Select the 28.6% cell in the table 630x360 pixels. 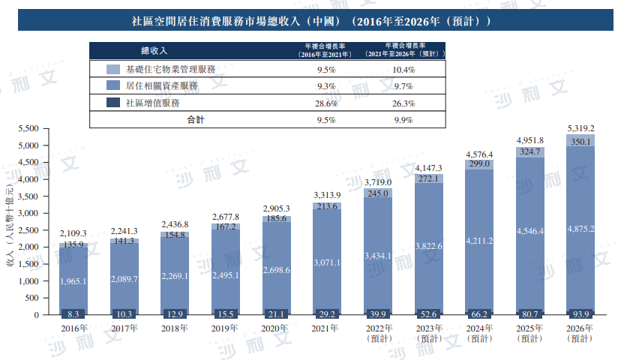click(x=325, y=103)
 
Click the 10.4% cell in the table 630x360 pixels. click(x=403, y=69)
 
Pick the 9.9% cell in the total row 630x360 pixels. click(x=403, y=120)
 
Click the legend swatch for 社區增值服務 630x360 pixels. click(x=113, y=103)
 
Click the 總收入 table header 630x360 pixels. click(x=154, y=51)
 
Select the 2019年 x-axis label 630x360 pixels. click(x=226, y=328)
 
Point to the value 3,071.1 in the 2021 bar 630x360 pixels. click(x=326, y=262)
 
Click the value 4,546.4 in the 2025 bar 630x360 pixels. click(x=529, y=231)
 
